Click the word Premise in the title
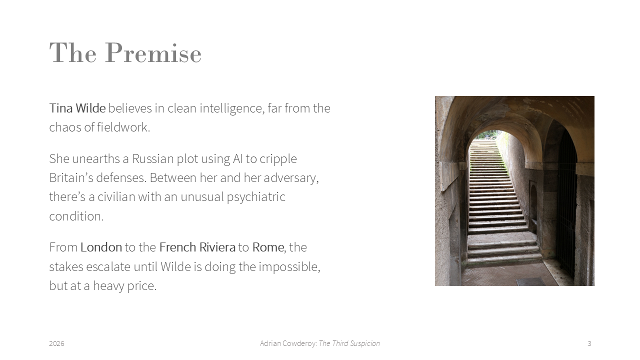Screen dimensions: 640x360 click(x=153, y=53)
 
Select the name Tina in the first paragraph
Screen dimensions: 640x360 click(x=61, y=108)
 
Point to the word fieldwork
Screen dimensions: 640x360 click(x=123, y=127)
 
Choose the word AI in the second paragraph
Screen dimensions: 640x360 click(x=237, y=159)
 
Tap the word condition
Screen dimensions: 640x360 click(x=76, y=216)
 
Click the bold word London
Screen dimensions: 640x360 click(x=101, y=247)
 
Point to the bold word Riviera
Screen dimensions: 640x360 click(x=217, y=247)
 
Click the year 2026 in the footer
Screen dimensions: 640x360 click(x=56, y=343)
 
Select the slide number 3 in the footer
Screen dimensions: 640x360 click(x=589, y=343)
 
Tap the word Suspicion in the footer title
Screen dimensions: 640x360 click(x=364, y=343)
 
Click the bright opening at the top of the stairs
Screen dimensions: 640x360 click(x=487, y=135)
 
